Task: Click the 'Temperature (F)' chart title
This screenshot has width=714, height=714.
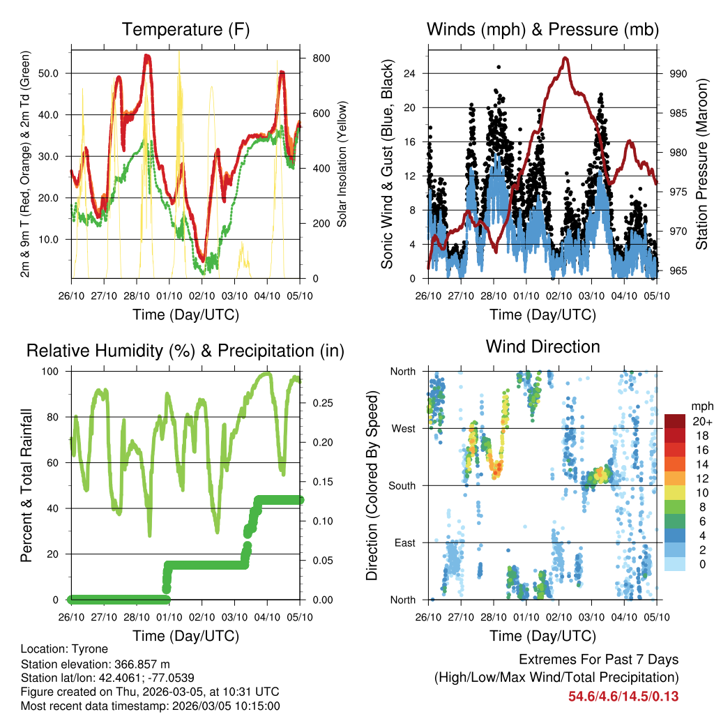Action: click(x=185, y=29)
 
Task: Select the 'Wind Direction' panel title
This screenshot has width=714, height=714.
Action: click(x=542, y=347)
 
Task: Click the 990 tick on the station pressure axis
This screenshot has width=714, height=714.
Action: click(x=678, y=73)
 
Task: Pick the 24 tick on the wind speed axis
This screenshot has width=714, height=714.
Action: click(x=409, y=73)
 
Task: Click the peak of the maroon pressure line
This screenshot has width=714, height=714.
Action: click(x=565, y=58)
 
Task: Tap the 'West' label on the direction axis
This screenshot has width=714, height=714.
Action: click(x=403, y=428)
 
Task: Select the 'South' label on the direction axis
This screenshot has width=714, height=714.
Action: click(x=402, y=485)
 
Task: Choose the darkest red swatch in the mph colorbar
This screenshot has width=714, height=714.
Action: click(x=674, y=421)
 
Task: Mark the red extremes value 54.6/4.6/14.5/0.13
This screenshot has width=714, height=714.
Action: click(x=623, y=696)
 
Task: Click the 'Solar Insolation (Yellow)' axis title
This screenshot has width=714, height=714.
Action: click(x=342, y=165)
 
